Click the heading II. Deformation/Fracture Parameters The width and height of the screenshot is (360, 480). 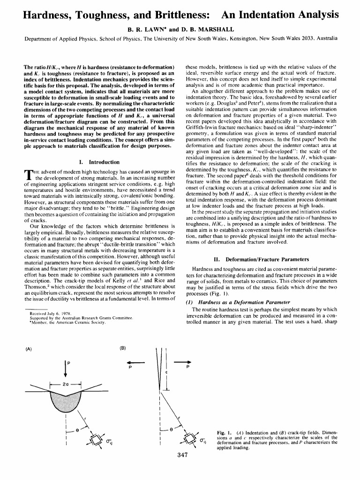click(261, 259)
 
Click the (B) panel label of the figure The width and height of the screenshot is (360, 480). click(122, 348)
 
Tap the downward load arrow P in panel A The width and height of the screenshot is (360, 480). click(65, 367)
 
